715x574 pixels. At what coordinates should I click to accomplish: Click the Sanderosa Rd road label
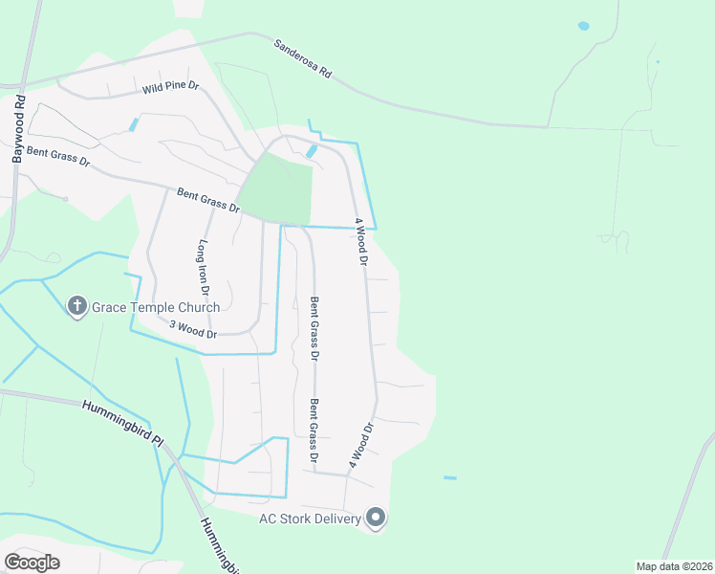pos(302,59)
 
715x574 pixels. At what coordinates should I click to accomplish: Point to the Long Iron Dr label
pos(204,266)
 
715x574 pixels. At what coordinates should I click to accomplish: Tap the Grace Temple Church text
pos(156,307)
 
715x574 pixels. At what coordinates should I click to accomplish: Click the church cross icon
pos(77,307)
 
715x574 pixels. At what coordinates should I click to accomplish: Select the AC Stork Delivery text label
pos(310,519)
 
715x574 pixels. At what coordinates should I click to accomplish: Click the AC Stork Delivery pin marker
pos(376,519)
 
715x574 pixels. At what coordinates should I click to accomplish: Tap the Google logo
pos(32,563)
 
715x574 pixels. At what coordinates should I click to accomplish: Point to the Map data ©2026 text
pos(673,565)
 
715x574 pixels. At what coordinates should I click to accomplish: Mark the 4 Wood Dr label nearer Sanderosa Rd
pos(361,241)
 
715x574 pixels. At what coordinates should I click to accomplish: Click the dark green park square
pos(276,188)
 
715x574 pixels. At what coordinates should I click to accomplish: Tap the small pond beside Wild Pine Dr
pos(134,124)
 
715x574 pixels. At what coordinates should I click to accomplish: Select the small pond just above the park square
pos(312,151)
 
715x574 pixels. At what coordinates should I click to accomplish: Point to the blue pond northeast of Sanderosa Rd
pos(583,26)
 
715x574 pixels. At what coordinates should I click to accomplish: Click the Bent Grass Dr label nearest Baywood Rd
pos(57,156)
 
